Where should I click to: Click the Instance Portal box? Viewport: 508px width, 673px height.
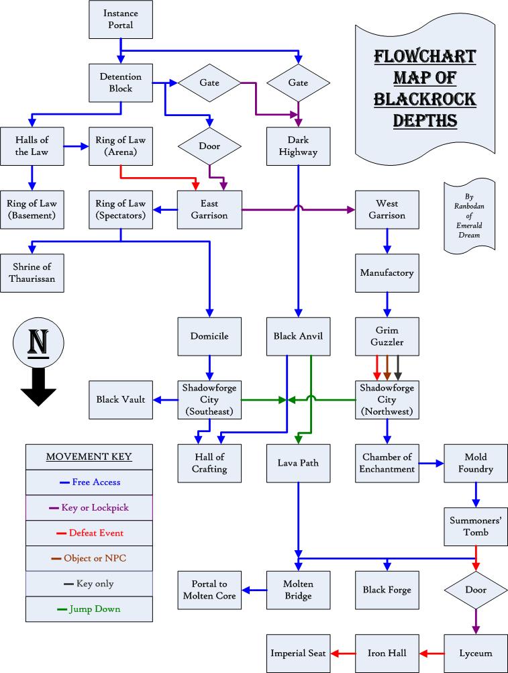point(121,19)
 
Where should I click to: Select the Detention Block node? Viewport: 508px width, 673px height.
point(121,83)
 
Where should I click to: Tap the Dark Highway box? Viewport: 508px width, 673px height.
point(298,146)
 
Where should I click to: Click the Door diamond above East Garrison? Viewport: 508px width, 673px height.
point(210,146)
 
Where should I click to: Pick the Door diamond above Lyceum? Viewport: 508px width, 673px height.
point(475,590)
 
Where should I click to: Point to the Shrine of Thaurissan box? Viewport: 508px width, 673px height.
point(32,273)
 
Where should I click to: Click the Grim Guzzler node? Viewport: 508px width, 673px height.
point(387,336)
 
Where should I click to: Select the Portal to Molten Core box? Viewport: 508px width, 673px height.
point(209,590)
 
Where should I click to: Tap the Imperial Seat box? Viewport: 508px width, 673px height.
point(298,653)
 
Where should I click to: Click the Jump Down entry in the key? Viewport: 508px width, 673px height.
point(89,609)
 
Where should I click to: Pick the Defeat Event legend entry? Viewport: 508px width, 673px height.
point(89,533)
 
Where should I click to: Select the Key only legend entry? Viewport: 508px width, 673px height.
point(89,584)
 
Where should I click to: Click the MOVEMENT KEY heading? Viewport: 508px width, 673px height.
point(89,458)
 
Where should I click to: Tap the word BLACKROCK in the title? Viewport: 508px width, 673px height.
point(425,100)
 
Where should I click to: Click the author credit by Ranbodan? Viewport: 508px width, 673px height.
point(469,215)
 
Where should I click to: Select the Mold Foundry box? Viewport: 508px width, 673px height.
point(475,463)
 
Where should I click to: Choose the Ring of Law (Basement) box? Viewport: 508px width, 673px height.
point(32,209)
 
